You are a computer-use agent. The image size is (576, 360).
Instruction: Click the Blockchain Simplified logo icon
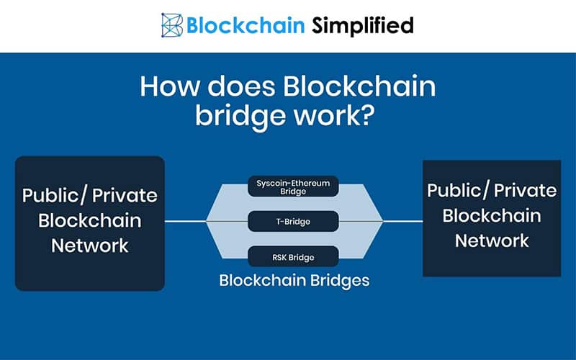point(172,25)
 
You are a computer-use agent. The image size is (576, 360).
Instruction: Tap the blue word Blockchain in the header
point(246,25)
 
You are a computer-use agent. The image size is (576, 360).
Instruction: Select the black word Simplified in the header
point(363,26)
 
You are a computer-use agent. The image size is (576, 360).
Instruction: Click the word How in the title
point(170,86)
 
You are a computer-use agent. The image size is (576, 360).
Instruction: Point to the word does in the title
point(241,86)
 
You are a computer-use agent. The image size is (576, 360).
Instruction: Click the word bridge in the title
point(240,116)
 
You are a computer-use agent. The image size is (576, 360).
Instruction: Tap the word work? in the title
point(334,114)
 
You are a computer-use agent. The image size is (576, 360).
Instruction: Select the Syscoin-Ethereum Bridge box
point(293,186)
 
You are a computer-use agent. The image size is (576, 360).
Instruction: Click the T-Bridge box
point(293,222)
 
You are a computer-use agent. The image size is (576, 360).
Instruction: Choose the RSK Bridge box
point(293,257)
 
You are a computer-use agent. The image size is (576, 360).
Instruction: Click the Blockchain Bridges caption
point(294,281)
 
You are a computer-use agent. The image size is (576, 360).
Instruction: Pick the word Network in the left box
point(89,246)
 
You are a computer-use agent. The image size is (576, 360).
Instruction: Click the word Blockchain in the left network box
point(89,220)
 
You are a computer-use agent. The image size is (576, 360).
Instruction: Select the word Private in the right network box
point(525,190)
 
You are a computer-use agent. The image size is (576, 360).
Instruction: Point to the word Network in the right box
point(492,240)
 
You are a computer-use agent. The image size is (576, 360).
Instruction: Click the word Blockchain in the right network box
point(492,215)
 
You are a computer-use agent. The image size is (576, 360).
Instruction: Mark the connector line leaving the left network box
point(185,222)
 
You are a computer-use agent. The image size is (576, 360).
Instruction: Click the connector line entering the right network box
point(403,222)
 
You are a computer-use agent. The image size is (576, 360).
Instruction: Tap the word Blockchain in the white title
point(359,86)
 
